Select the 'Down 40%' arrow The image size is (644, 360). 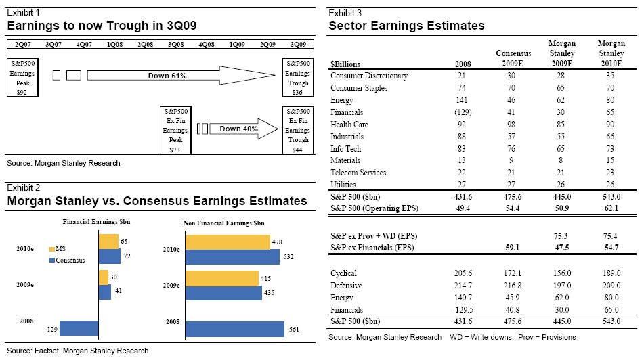point(238,128)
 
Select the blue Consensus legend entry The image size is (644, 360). point(68,260)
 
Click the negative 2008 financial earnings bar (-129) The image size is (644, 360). point(79,328)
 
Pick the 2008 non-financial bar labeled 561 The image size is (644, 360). point(235,329)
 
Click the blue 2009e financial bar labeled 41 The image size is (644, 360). point(105,292)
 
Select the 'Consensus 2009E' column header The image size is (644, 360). point(513,58)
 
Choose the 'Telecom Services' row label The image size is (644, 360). point(359,173)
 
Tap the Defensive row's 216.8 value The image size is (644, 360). point(513,286)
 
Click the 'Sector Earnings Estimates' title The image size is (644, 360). point(406,26)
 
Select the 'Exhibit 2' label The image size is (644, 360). point(22,187)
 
